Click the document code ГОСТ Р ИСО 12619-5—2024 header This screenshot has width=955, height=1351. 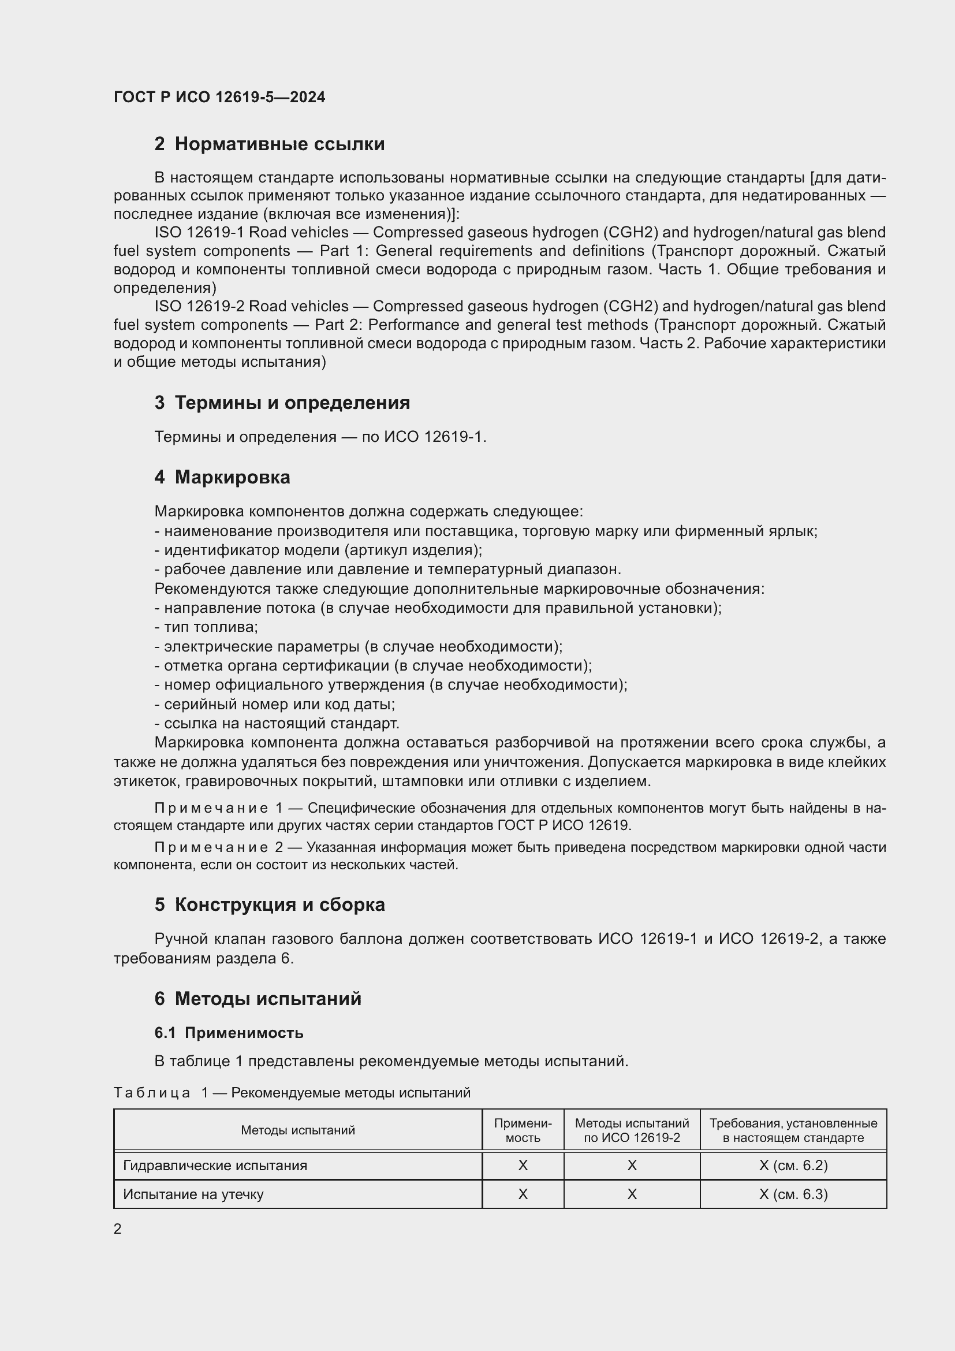pyautogui.click(x=219, y=97)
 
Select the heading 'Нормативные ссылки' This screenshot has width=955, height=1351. pyautogui.click(x=279, y=144)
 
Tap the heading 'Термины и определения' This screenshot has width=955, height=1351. pyautogui.click(x=292, y=403)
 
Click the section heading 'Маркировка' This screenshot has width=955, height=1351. pyautogui.click(x=232, y=477)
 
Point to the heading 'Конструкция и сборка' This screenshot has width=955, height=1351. pyautogui.click(x=279, y=905)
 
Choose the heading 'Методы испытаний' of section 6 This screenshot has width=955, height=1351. pyautogui.click(x=267, y=999)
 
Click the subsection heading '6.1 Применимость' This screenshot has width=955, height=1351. pyautogui.click(x=229, y=1033)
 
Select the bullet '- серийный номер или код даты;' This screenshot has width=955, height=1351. pyautogui.click(x=275, y=704)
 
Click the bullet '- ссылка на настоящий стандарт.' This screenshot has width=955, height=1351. pyautogui.click(x=277, y=723)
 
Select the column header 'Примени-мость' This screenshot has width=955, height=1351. pyautogui.click(x=522, y=1130)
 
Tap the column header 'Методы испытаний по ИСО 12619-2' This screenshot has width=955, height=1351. pyautogui.click(x=632, y=1130)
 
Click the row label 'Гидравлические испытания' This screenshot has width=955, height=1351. pyautogui.click(x=215, y=1166)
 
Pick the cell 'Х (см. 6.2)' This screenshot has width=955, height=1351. pyautogui.click(x=793, y=1166)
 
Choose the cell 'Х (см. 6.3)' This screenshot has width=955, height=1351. pyautogui.click(x=793, y=1194)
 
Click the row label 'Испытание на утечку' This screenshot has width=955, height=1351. pyautogui.click(x=193, y=1194)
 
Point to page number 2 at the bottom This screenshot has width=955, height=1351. pyautogui.click(x=118, y=1229)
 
